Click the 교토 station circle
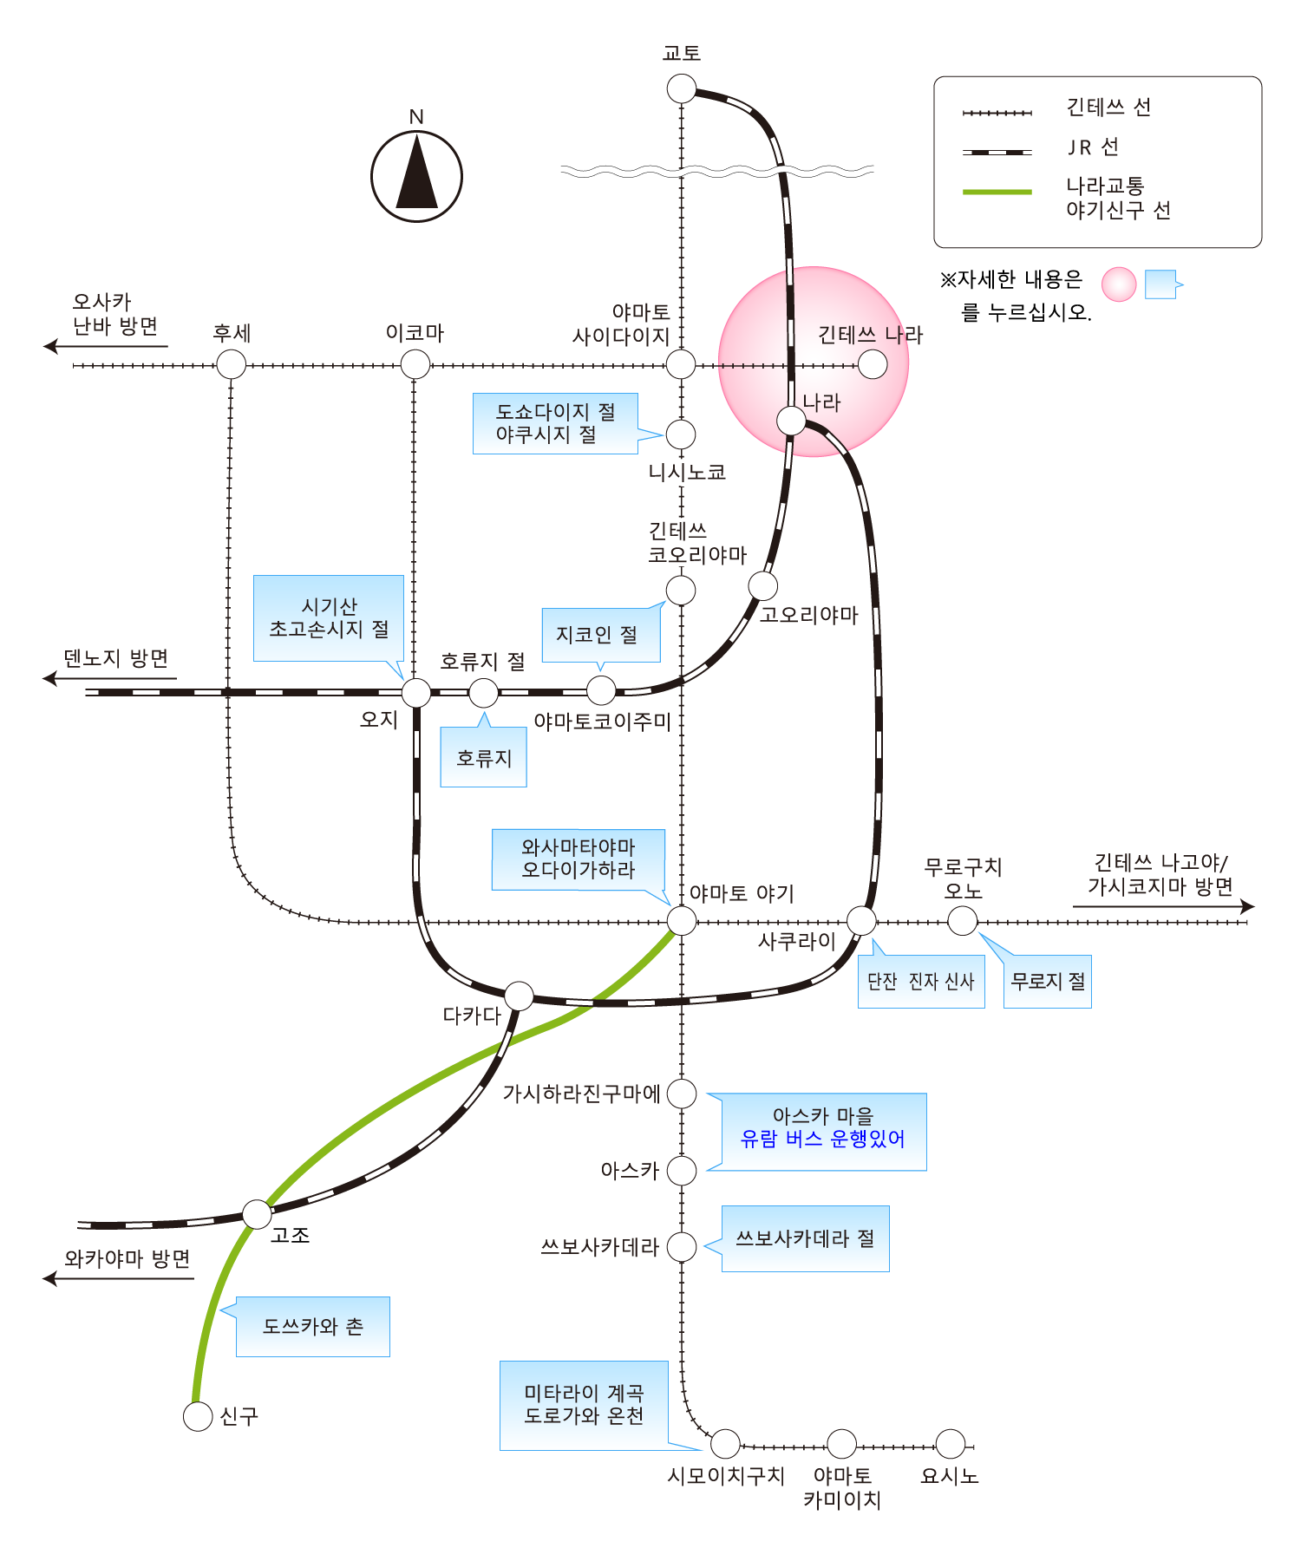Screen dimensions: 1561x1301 click(682, 88)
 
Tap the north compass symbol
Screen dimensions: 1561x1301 click(416, 176)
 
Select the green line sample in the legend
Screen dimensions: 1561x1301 click(997, 192)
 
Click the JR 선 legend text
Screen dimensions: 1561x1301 click(1093, 147)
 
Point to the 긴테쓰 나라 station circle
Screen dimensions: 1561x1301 click(873, 364)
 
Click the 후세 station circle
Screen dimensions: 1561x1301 click(231, 364)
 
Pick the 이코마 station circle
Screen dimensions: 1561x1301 click(415, 364)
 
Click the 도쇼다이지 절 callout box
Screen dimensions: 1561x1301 click(555, 423)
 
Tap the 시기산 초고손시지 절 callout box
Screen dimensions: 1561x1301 click(329, 618)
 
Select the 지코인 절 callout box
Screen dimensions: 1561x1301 click(600, 635)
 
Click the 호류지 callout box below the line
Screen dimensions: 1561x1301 click(483, 758)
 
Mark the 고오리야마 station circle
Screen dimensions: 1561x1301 click(763, 586)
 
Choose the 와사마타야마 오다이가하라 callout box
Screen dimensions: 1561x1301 click(579, 859)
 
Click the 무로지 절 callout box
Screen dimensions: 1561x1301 click(1047, 982)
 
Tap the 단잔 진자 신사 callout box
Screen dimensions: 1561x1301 click(920, 982)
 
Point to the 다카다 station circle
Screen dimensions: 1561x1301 click(519, 996)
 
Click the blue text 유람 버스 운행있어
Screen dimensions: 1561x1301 click(822, 1140)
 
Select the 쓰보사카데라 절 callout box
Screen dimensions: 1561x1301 click(805, 1238)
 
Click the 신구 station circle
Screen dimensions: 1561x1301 click(198, 1416)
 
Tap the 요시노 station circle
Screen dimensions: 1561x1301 click(951, 1444)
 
